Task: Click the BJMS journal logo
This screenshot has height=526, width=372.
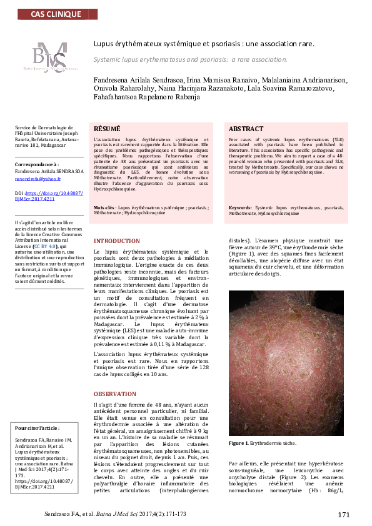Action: coord(51,58)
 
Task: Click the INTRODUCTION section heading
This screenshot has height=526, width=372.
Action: coord(117,241)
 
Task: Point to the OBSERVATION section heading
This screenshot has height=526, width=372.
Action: coord(114,394)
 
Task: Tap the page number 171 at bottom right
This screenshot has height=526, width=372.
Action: coord(343,514)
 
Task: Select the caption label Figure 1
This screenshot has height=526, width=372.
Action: coord(240,443)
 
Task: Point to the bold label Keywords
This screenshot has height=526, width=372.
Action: coord(240,206)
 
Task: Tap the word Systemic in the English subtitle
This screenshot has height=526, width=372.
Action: coord(108,59)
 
